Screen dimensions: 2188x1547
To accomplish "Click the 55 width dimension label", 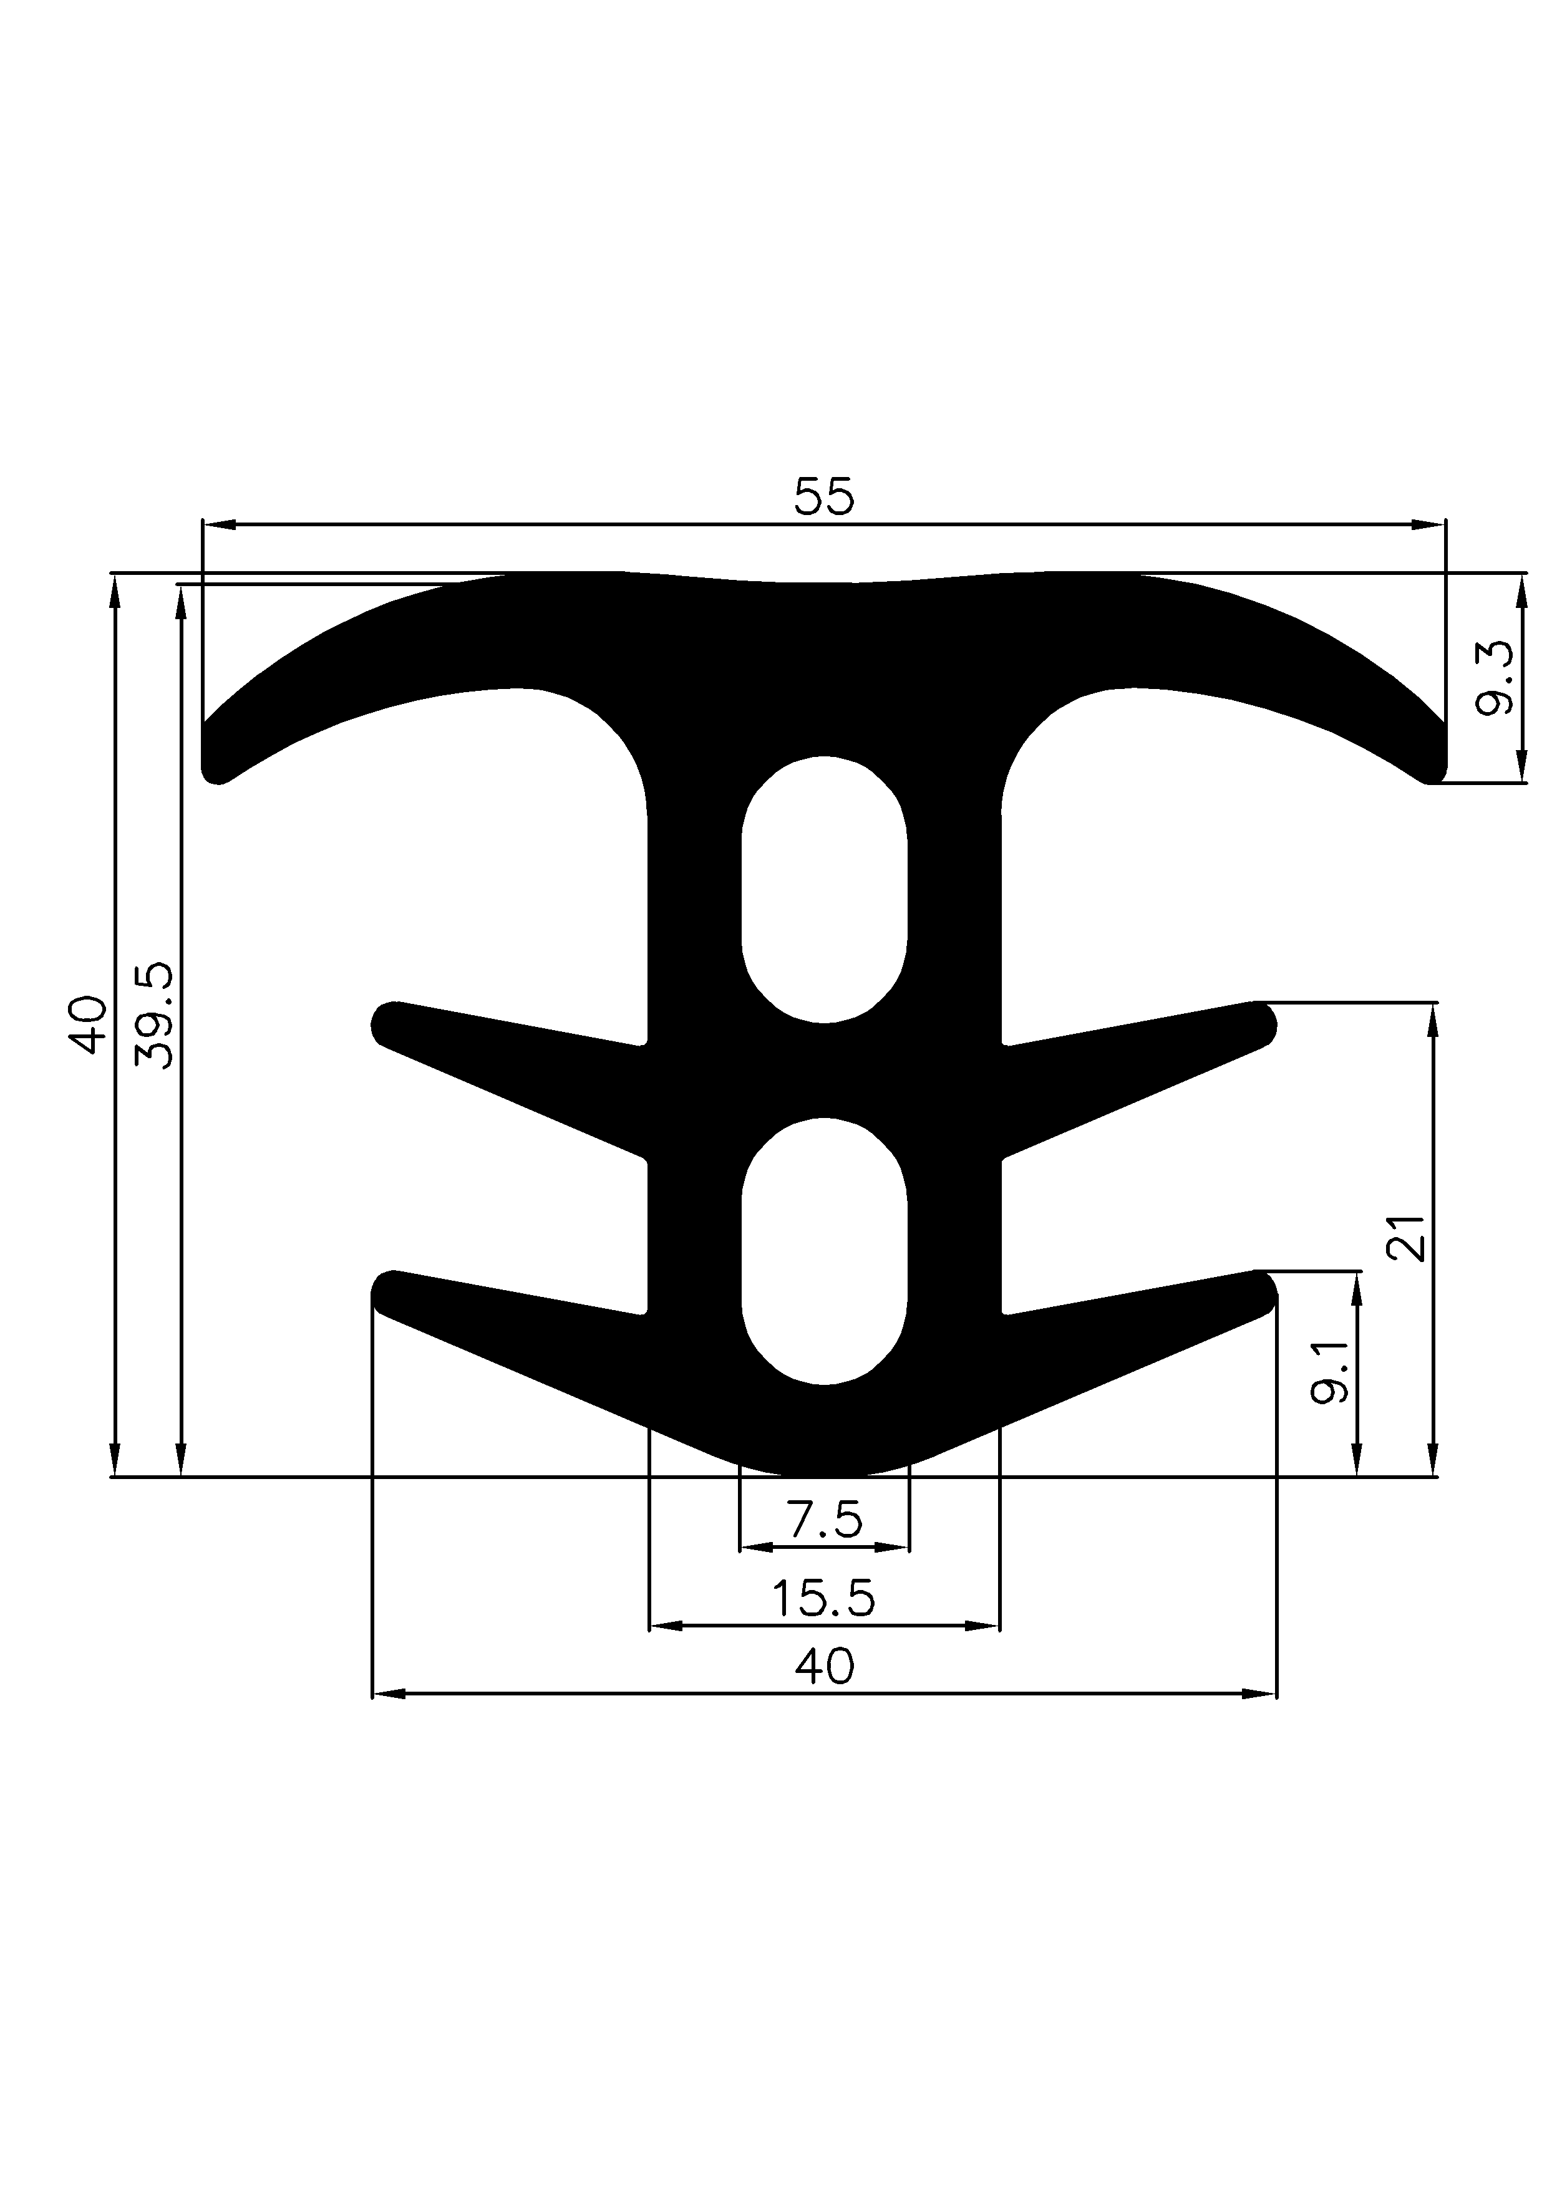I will click(825, 498).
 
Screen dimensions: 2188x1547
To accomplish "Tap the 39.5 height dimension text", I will click(155, 1015).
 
